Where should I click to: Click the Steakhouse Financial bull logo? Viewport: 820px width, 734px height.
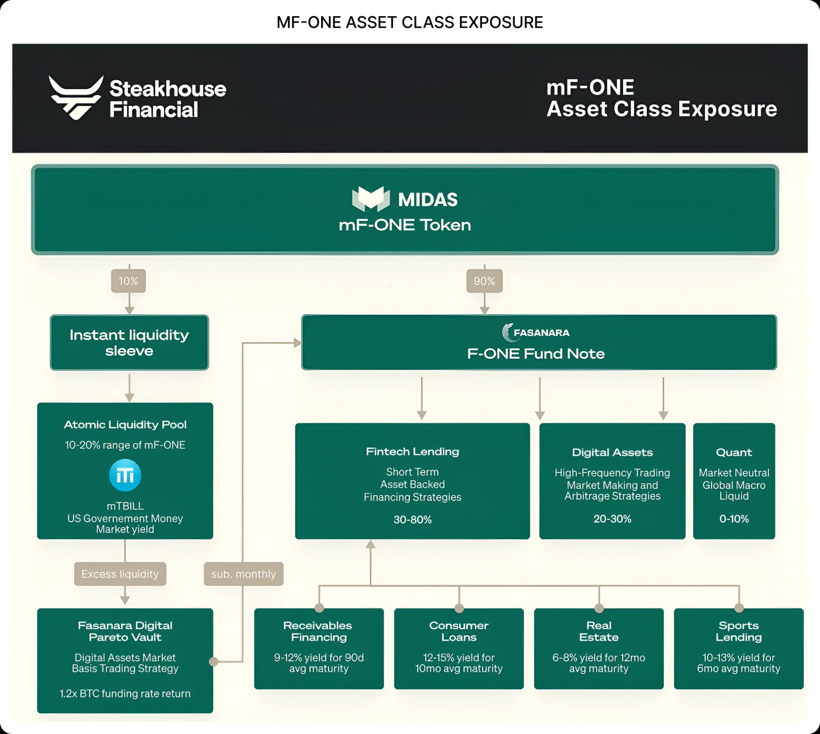tap(76, 97)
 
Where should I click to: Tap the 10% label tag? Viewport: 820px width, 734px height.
tap(129, 281)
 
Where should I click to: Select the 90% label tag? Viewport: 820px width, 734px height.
tap(484, 281)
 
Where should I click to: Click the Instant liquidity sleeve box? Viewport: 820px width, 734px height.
tap(129, 343)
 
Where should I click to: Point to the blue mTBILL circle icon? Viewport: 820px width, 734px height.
tap(125, 475)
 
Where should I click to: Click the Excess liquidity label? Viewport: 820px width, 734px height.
tap(120, 574)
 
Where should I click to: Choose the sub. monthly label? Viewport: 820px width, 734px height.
tap(243, 574)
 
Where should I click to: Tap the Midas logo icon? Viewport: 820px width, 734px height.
tap(371, 199)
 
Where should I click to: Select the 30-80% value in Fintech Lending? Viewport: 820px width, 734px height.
tap(413, 519)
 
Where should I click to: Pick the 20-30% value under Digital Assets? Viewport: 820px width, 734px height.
tap(612, 518)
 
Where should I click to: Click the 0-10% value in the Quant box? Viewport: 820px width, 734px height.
tap(734, 518)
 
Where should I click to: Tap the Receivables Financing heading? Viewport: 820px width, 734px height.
tap(319, 631)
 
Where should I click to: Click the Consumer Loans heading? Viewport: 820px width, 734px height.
tap(459, 631)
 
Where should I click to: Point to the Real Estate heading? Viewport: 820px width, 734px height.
tap(599, 631)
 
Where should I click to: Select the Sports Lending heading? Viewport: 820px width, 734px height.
tap(739, 631)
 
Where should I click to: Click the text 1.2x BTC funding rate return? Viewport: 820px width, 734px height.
tap(125, 693)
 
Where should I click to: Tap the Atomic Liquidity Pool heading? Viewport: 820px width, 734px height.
tap(125, 425)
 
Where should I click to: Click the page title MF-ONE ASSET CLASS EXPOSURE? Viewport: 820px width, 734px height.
tap(410, 22)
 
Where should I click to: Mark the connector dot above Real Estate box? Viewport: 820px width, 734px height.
tap(599, 608)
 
